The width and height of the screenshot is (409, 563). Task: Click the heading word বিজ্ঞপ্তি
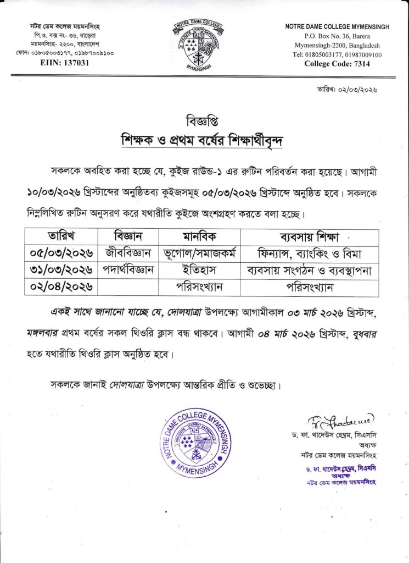tap(204, 121)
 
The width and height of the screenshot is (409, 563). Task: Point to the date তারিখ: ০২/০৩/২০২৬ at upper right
tap(347, 89)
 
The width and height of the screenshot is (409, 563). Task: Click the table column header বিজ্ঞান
tap(128, 238)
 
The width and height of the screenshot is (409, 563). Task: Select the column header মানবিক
tap(199, 238)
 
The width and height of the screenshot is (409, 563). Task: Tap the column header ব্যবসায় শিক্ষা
tap(310, 238)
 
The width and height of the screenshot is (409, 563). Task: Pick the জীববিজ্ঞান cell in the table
tap(128, 253)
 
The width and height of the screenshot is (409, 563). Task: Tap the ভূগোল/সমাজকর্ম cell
tap(199, 253)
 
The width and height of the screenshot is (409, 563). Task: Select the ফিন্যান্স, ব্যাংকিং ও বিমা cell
tap(310, 253)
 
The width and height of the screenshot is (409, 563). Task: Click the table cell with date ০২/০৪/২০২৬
tap(61, 286)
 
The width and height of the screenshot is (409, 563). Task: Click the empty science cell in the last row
tap(128, 286)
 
